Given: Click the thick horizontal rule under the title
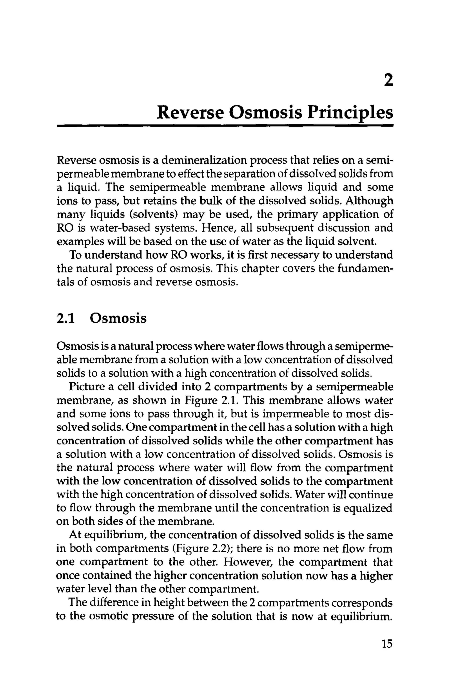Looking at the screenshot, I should point(225,126).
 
